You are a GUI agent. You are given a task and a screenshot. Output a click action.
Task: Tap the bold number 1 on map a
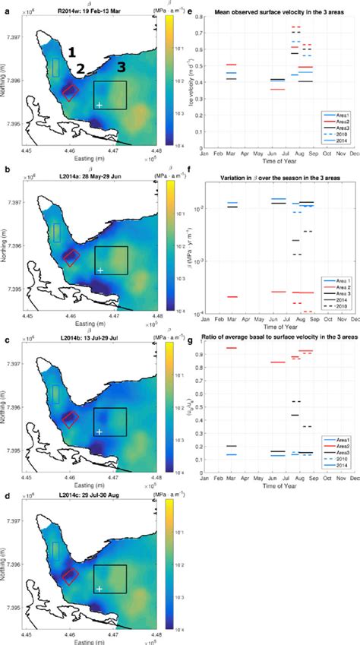[x=71, y=52]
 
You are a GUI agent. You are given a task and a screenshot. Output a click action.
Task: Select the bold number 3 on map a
[x=120, y=68]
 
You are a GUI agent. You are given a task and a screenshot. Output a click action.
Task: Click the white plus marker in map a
[x=99, y=105]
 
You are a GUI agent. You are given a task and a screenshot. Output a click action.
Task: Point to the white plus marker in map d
[x=99, y=589]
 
